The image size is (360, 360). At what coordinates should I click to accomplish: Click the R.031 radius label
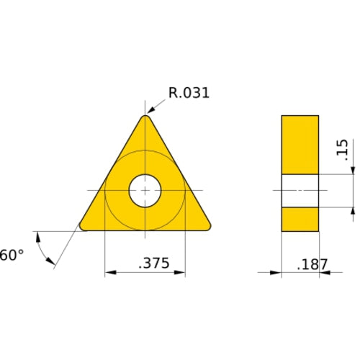tap(189, 93)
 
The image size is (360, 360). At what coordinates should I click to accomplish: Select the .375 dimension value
tap(153, 264)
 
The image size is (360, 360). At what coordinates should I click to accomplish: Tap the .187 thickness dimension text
tap(312, 265)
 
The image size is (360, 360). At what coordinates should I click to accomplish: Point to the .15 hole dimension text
tap(342, 149)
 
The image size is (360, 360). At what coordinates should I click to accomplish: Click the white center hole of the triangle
tap(145, 191)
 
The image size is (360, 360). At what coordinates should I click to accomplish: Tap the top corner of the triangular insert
tap(145, 117)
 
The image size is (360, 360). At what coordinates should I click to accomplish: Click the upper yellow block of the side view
tap(300, 144)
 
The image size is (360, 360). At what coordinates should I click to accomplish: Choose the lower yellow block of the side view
tap(300, 219)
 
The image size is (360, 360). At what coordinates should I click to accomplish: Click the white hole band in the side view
tap(300, 191)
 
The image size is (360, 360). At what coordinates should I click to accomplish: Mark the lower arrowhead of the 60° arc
tap(50, 264)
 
